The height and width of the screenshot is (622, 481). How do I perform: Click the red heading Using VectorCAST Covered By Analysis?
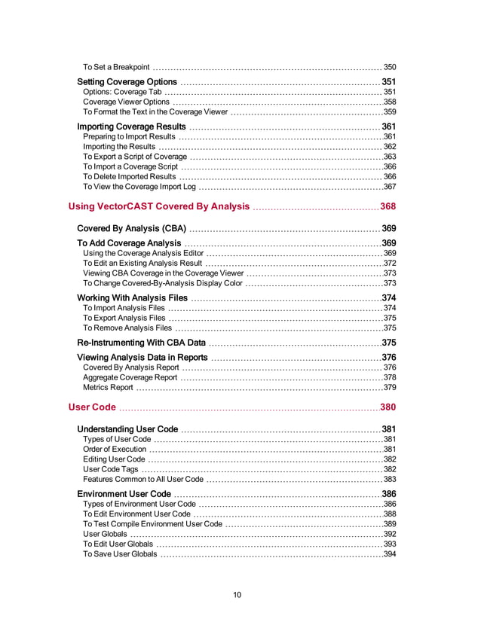point(158,206)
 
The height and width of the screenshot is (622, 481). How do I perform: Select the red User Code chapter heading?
point(92,407)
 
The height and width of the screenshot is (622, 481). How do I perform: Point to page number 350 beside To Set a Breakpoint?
point(390,67)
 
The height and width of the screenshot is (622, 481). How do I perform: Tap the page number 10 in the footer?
point(237,595)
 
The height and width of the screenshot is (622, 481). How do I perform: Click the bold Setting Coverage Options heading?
point(127,82)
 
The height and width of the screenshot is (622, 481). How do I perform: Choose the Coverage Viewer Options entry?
point(126,102)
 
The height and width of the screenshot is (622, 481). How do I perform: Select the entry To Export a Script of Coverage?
point(134,157)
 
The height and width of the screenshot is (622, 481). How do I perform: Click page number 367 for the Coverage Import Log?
point(390,186)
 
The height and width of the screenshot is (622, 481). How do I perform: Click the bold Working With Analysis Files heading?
point(132,298)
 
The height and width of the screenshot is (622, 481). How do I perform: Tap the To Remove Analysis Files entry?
point(127,328)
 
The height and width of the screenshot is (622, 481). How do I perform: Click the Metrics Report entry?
point(108,388)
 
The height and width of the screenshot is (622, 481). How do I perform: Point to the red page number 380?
point(388,407)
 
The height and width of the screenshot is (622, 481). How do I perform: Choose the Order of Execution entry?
point(115,450)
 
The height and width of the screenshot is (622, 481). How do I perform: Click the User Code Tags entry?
point(111,469)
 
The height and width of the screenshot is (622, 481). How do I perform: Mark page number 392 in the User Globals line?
point(390,534)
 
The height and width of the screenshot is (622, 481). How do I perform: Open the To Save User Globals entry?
point(120,554)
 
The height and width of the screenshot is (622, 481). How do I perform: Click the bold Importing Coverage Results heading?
point(131,127)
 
